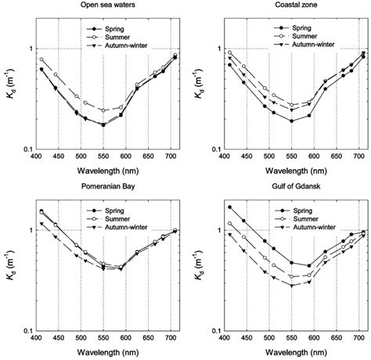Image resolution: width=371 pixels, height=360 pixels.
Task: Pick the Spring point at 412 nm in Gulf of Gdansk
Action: (230, 207)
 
